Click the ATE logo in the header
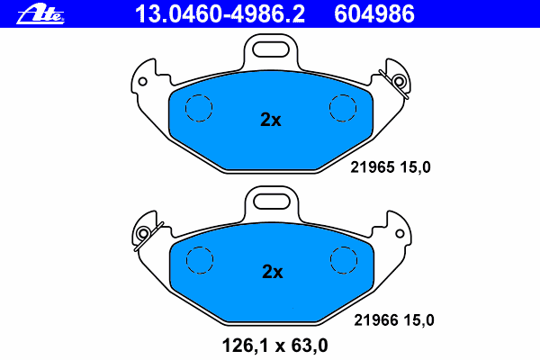coord(40,14)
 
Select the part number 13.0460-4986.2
coord(220,14)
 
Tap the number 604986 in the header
coord(374,14)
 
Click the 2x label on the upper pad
coord(271,120)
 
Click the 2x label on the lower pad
coord(273,272)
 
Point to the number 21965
coord(373,167)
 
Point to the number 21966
coord(375,320)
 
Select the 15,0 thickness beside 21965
coord(415,167)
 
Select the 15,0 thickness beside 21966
coord(418,320)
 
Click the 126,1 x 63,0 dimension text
coord(274,346)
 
